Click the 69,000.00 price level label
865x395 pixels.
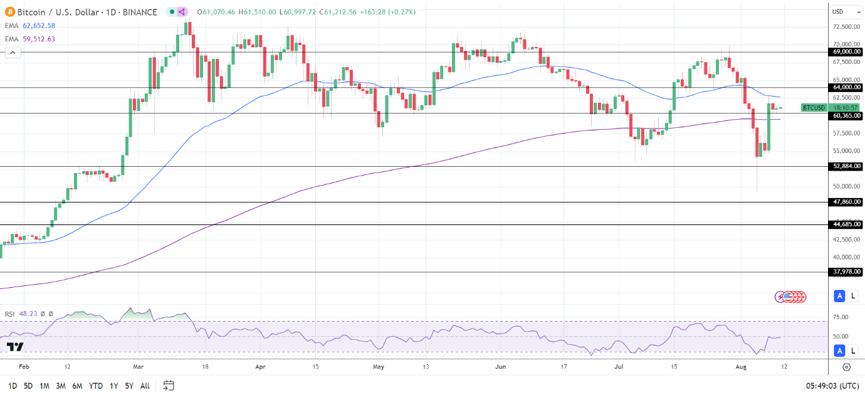tap(846, 52)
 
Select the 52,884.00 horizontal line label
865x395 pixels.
tap(846, 166)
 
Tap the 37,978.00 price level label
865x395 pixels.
tap(846, 272)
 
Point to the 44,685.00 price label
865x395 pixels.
tap(846, 224)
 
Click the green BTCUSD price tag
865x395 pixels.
tap(814, 108)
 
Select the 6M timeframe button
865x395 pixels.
tap(77, 386)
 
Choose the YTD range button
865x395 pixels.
tap(96, 386)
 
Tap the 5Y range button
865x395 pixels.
tap(128, 386)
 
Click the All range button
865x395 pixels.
tap(145, 386)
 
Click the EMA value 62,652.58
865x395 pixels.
tap(39, 26)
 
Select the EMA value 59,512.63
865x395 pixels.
tap(39, 39)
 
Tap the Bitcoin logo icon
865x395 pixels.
tap(9, 12)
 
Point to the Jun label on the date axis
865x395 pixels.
tap(500, 367)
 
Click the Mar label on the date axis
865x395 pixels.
tap(139, 367)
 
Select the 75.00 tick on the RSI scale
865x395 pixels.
tap(841, 317)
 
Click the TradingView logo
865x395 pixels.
tap(15, 347)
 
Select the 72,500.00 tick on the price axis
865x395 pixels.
tap(846, 26)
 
